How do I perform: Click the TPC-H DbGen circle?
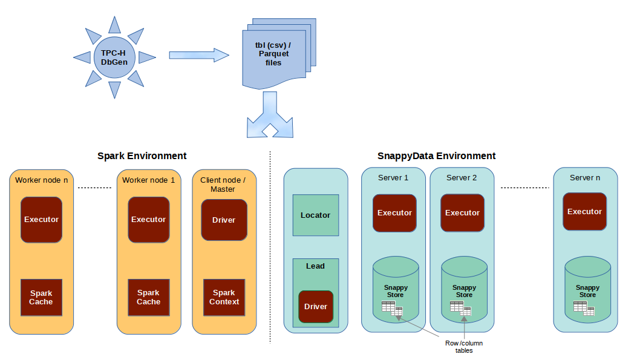click(x=114, y=57)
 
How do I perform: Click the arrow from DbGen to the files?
click(x=198, y=55)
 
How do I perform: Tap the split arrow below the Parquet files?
click(x=270, y=116)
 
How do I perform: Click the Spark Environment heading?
click(x=142, y=156)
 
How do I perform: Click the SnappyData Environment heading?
click(x=436, y=156)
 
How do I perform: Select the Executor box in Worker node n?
click(x=41, y=220)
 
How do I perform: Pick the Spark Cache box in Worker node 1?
click(x=148, y=298)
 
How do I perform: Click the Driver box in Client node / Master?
click(x=224, y=220)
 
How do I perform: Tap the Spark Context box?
click(x=224, y=298)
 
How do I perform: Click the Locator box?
click(x=315, y=215)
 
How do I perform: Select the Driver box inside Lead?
click(x=316, y=306)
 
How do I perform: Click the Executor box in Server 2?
click(x=462, y=213)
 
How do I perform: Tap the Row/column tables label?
click(x=464, y=347)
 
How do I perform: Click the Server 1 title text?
click(x=393, y=178)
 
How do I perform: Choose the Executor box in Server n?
click(x=584, y=212)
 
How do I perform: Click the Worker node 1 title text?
click(x=148, y=180)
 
